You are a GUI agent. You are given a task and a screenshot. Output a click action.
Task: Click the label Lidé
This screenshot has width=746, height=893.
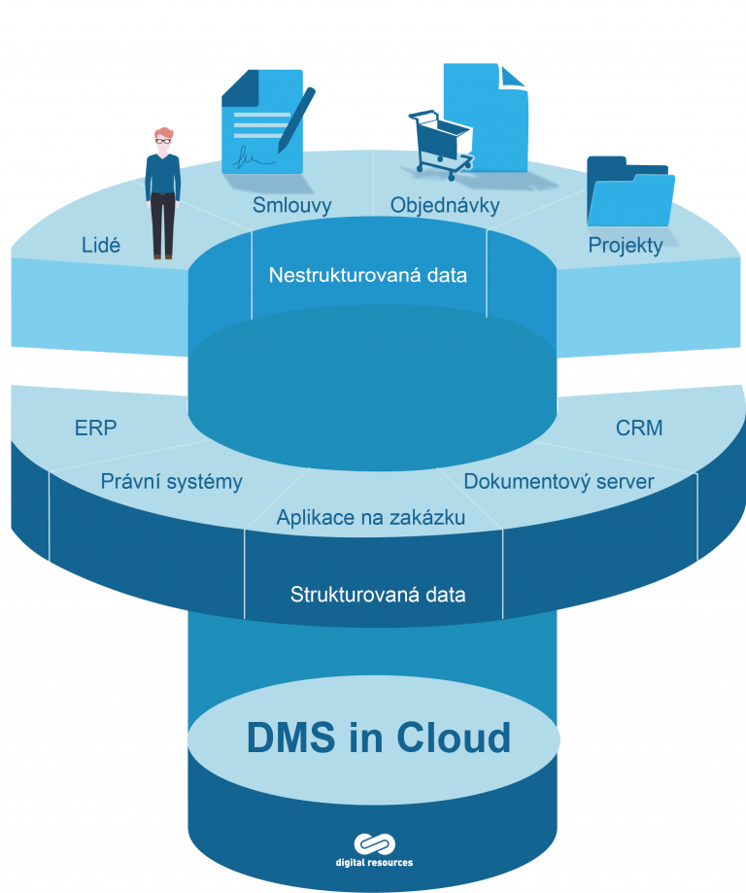point(101,246)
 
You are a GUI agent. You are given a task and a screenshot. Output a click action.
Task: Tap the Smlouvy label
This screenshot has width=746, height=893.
point(292,205)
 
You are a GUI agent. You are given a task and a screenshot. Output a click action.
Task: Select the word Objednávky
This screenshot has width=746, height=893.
point(445,205)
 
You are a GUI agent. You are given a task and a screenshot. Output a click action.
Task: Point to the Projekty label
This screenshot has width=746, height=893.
point(626,245)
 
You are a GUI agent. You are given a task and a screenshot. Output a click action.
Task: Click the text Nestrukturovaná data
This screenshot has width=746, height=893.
point(368,275)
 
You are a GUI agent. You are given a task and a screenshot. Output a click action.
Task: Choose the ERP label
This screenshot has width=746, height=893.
point(95,429)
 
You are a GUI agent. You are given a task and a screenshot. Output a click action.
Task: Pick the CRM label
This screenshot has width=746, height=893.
point(639,428)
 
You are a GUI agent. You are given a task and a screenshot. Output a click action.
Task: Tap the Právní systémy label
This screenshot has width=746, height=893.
point(172,481)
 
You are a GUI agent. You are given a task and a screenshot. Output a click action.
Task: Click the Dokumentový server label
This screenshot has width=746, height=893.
point(559,481)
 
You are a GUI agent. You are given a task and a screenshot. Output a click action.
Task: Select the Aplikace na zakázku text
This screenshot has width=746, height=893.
point(370,518)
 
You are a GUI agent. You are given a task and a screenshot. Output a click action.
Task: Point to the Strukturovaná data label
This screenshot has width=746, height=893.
point(378,594)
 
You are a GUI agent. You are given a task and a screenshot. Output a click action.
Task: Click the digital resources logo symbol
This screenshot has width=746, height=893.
point(372,842)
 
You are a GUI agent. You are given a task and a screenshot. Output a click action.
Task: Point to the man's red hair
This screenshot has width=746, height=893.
point(164,133)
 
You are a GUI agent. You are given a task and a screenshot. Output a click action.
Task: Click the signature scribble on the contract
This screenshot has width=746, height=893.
point(251,155)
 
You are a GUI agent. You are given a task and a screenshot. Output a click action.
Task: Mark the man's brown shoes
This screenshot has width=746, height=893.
point(162,256)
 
